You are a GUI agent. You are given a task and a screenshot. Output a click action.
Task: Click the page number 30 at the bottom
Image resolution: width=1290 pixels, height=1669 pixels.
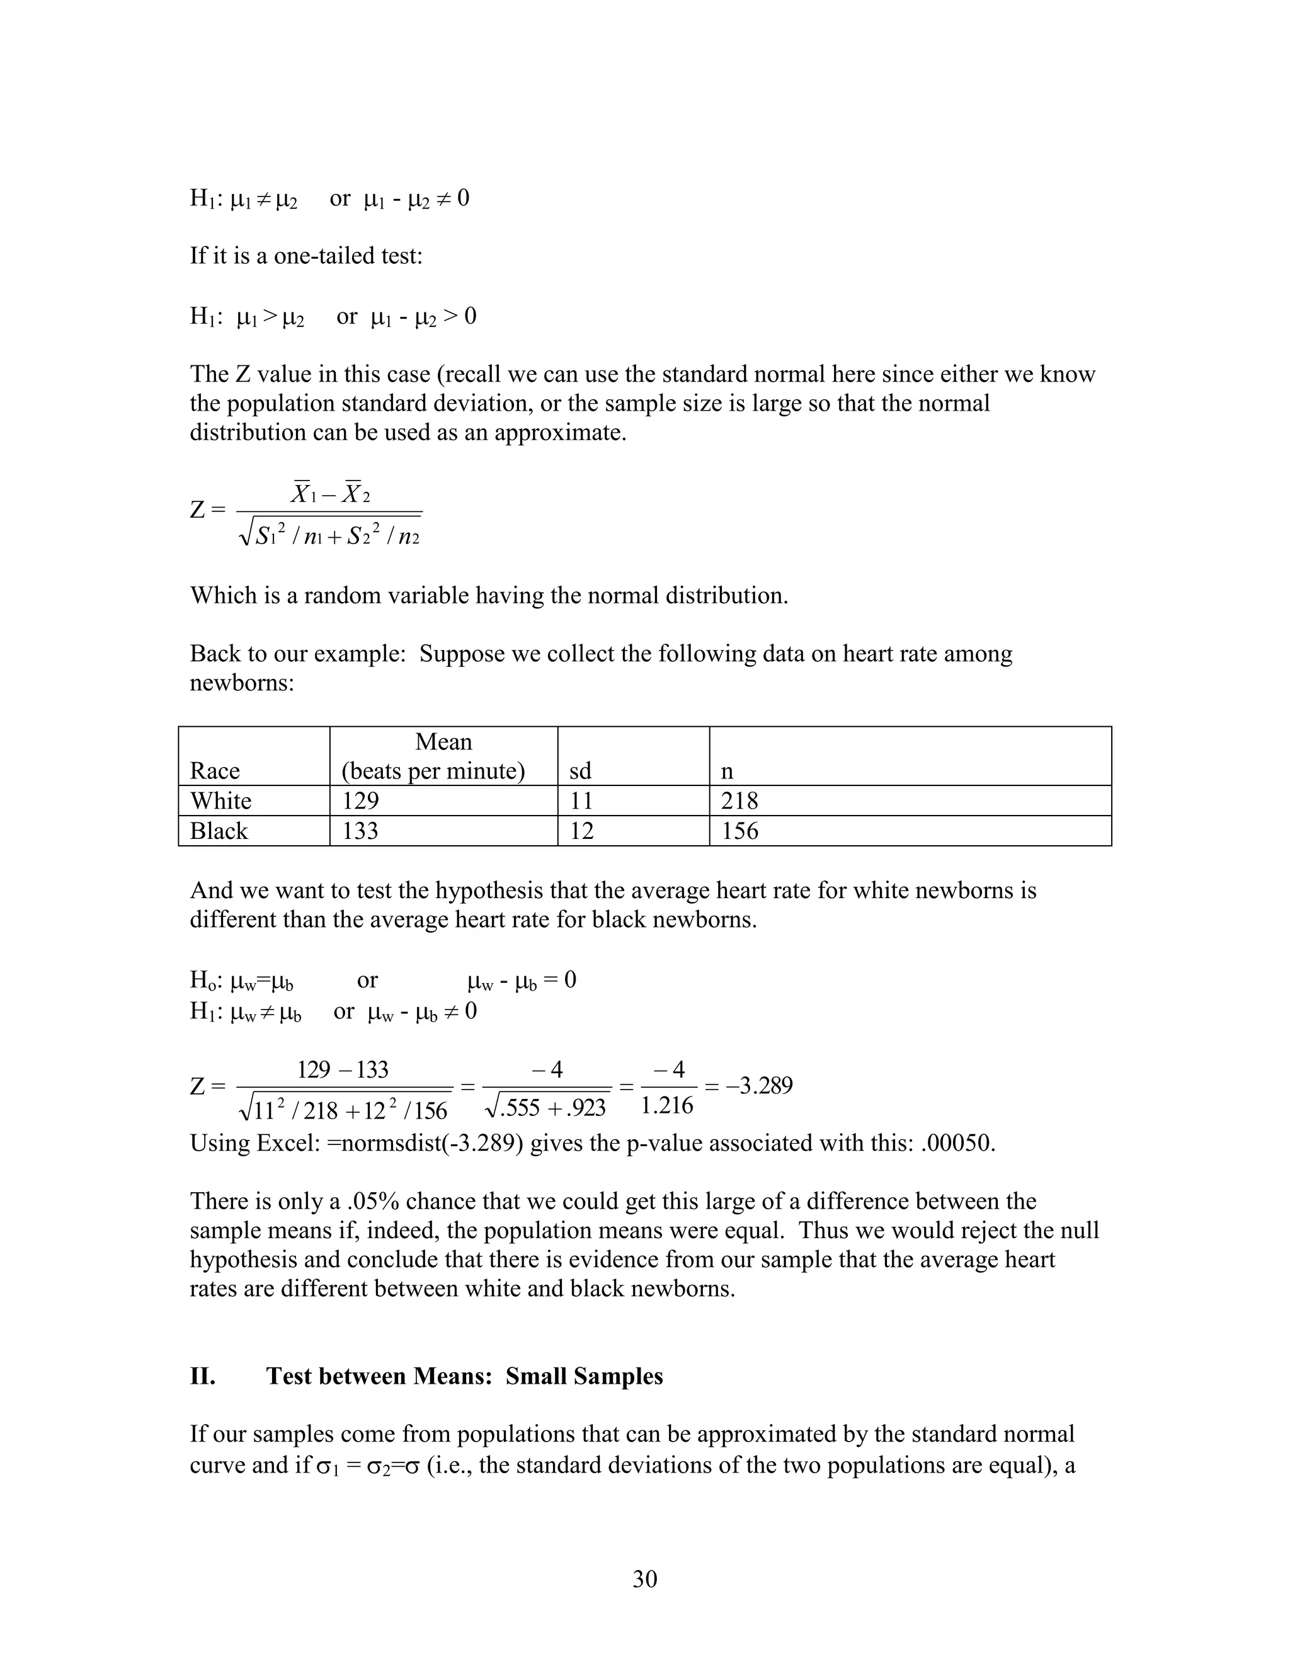coord(644,1578)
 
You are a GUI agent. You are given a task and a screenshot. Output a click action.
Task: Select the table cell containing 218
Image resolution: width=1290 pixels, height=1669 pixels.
coord(739,801)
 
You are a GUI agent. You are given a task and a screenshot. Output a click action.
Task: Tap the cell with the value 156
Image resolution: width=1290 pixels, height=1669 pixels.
coord(739,831)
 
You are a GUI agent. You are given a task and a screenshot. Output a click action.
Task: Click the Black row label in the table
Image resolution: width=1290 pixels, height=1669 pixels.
coord(219,831)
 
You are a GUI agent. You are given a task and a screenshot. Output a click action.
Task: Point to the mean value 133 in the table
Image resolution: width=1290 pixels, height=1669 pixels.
coord(360,831)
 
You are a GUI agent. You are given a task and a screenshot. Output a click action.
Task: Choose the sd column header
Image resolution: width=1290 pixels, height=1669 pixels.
coord(580,770)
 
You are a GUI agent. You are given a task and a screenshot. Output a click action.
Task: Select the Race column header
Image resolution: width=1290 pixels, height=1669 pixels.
coord(215,770)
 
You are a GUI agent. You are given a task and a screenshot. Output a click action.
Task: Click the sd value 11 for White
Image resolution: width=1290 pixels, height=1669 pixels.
coord(581,801)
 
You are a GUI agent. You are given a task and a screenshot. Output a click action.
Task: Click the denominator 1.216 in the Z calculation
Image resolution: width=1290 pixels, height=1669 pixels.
coord(667,1106)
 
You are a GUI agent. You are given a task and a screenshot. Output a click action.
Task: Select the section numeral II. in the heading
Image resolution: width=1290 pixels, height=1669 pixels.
coord(203,1376)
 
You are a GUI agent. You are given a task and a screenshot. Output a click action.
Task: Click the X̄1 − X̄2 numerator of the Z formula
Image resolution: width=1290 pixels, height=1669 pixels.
coord(330,494)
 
